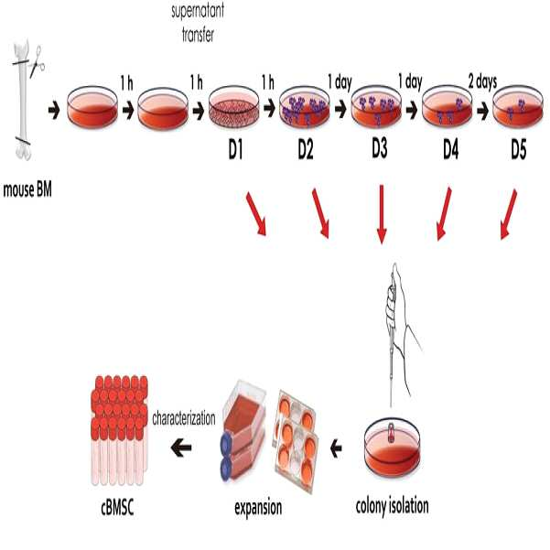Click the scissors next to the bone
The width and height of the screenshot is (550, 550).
point(37,62)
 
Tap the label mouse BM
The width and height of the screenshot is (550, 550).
point(27,189)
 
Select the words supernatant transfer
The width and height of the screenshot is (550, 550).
point(198,22)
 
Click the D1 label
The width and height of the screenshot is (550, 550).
point(235,150)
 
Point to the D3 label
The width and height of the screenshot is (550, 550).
point(380,149)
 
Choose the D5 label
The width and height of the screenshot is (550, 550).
point(519,150)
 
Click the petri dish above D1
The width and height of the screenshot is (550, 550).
point(233,107)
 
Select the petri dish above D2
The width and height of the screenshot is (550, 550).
point(305,107)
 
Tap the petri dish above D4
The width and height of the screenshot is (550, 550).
point(447,107)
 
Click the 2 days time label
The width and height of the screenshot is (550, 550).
point(482,81)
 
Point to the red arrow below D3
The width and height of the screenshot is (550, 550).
point(382,214)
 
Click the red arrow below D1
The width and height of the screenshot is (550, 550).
point(256,214)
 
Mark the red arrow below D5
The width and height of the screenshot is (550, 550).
point(509,214)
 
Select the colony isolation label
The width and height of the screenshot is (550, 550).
point(393,506)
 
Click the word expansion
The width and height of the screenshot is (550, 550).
point(258,508)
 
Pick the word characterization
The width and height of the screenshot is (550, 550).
point(184,418)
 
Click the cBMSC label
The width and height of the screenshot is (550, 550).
point(117,508)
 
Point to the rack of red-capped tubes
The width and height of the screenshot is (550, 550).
point(119,430)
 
